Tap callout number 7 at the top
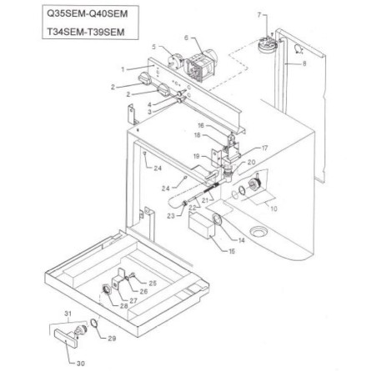pyautogui.click(x=259, y=16)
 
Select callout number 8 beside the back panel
pyautogui.click(x=304, y=63)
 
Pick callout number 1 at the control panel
pyautogui.click(x=123, y=68)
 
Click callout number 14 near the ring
pyautogui.click(x=242, y=239)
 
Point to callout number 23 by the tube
pyautogui.click(x=171, y=215)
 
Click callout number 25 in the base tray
pyautogui.click(x=153, y=284)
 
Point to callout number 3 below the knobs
pyautogui.click(x=150, y=111)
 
